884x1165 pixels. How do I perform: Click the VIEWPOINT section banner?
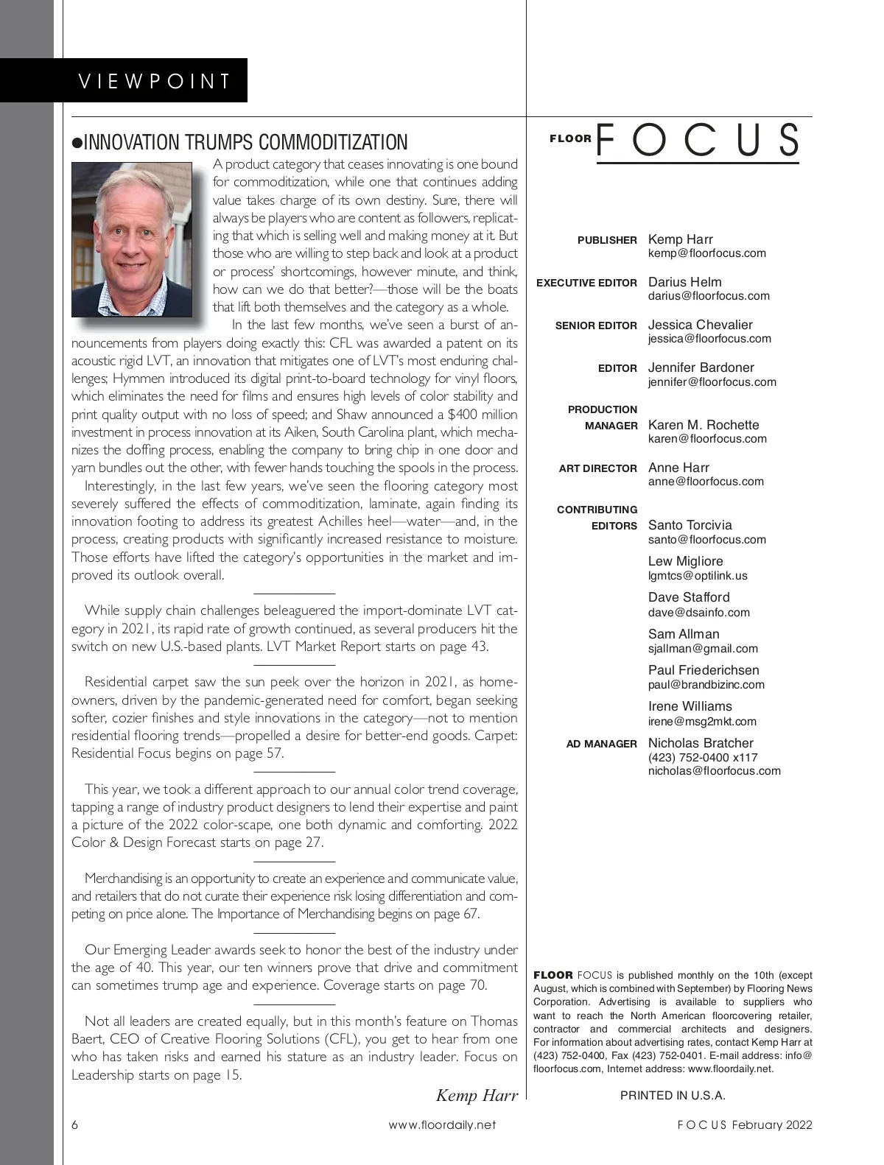click(155, 80)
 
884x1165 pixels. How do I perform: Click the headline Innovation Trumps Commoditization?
click(239, 142)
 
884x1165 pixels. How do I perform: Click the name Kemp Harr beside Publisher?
click(680, 239)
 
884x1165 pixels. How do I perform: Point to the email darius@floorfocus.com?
click(708, 296)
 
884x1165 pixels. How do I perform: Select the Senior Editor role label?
click(596, 325)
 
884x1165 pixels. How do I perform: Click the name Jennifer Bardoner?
click(701, 367)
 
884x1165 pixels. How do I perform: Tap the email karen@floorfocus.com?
click(706, 439)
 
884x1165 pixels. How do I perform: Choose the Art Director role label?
click(597, 468)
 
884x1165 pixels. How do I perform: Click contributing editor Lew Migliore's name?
click(685, 561)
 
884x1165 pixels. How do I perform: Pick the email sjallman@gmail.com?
click(702, 649)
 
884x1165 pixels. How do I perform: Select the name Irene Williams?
click(690, 706)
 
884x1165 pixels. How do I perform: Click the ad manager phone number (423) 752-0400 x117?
click(702, 758)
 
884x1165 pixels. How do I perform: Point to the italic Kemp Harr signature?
click(477, 1095)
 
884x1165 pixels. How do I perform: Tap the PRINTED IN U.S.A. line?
click(673, 1095)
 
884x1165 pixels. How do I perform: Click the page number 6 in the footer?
click(75, 1124)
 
